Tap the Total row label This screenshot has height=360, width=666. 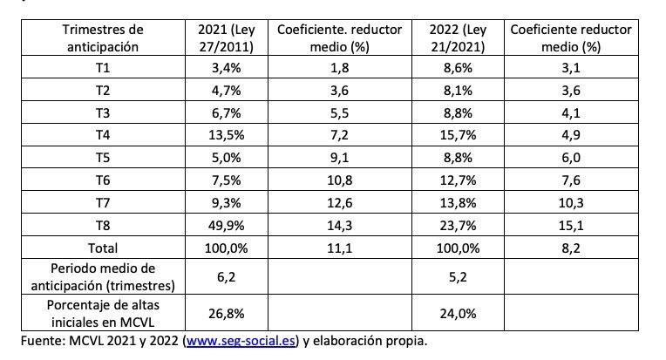click(103, 248)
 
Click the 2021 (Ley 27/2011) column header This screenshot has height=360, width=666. click(226, 38)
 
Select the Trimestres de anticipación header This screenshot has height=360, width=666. click(103, 38)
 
